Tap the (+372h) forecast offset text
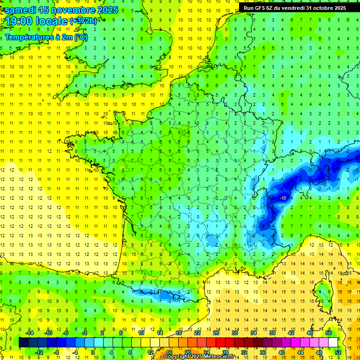tap(83, 21)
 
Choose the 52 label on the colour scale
tap(338, 352)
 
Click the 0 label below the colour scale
tap(93, 352)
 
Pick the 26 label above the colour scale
tap(216, 333)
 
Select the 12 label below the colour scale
tap(150, 352)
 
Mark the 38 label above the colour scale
tap(272, 333)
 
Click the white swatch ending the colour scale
tap(333, 343)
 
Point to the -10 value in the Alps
tap(283, 198)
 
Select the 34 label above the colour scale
tap(253, 333)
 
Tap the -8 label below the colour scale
tap(56, 352)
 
